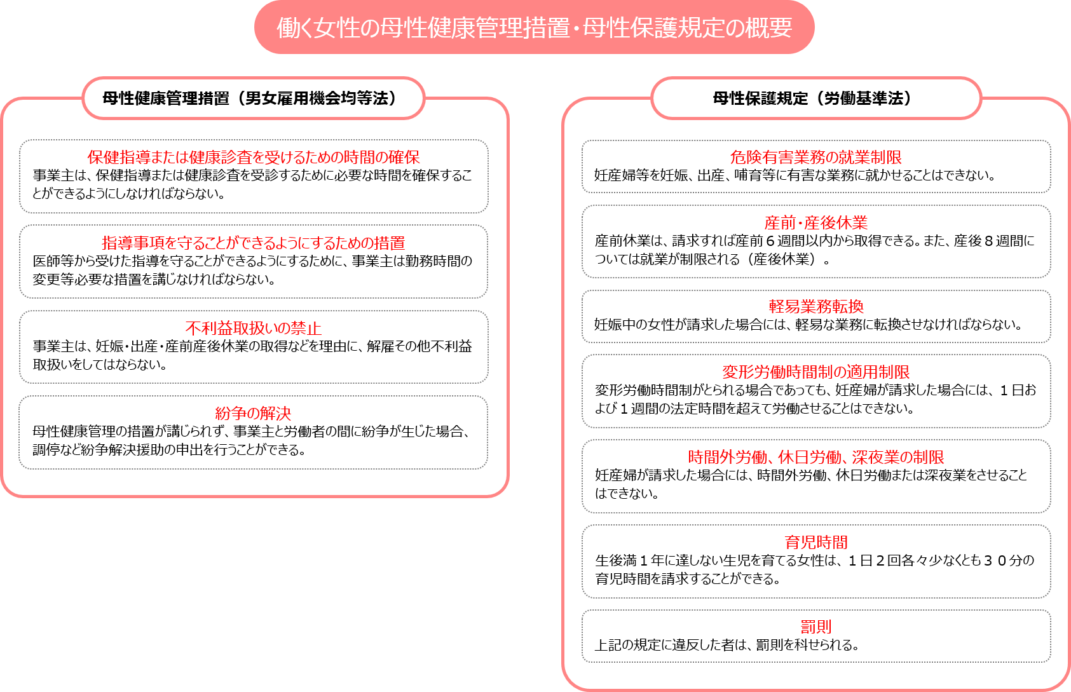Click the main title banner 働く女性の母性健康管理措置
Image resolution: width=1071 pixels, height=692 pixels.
534,27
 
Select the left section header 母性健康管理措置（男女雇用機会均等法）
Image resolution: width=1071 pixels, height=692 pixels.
254,98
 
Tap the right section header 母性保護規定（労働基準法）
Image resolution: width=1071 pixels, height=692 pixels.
815,98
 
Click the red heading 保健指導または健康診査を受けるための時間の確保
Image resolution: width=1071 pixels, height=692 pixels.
254,157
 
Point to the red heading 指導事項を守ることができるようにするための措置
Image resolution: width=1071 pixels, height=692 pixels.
254,243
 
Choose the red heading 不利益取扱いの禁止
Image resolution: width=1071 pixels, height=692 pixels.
254,328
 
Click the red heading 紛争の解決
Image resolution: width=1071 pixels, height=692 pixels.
254,413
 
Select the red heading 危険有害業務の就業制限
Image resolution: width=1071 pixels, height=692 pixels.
815,157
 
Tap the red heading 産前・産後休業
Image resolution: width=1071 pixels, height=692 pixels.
815,222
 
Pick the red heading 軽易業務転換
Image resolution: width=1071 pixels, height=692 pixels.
815,306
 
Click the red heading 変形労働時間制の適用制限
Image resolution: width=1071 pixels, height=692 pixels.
815,372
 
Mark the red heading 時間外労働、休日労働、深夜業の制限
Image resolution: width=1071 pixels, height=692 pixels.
815,457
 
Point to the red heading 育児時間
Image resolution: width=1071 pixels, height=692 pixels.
815,542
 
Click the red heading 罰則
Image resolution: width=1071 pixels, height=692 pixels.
815,627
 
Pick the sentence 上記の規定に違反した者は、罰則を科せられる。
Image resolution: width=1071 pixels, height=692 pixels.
727,645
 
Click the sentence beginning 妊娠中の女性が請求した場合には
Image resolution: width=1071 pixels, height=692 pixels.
808,325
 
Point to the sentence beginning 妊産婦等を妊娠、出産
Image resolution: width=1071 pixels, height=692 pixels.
795,175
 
